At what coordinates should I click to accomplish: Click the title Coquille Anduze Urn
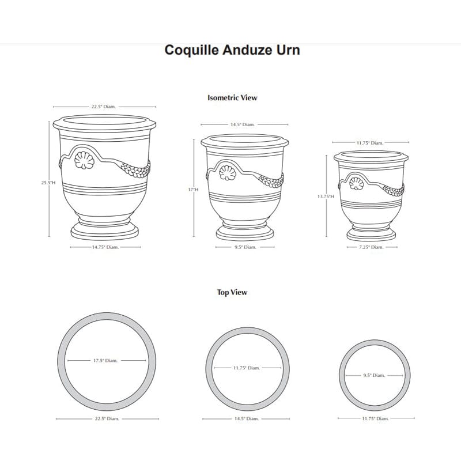pos(232,50)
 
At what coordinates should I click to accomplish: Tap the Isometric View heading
pos(232,98)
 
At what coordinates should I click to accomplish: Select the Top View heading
pos(232,293)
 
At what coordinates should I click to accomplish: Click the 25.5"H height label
pos(48,183)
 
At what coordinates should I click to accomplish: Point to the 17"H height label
pos(193,189)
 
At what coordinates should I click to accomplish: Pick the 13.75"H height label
pos(326,197)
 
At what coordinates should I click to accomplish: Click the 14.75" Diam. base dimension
pos(105,247)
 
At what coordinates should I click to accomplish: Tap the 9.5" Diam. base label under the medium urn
pos(245,247)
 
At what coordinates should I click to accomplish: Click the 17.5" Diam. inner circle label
pos(105,361)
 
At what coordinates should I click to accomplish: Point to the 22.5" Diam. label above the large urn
pos(103,107)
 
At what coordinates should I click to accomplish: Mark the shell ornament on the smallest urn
pos(356,184)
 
